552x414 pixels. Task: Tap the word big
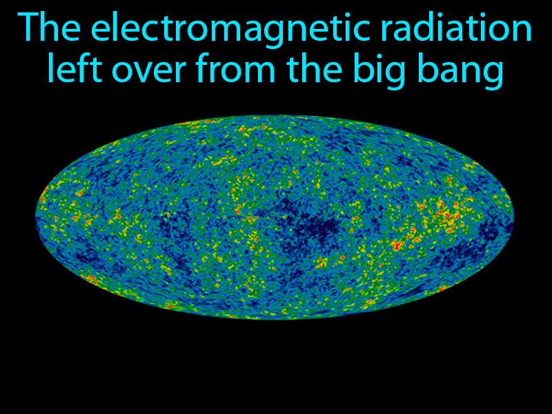coord(396,72)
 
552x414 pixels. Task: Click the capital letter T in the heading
coord(30,30)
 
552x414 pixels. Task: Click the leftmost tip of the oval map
coord(36,217)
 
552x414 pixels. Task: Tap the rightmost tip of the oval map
coord(514,217)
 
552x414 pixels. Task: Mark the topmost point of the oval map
coord(275,115)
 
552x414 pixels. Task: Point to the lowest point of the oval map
coord(275,319)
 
